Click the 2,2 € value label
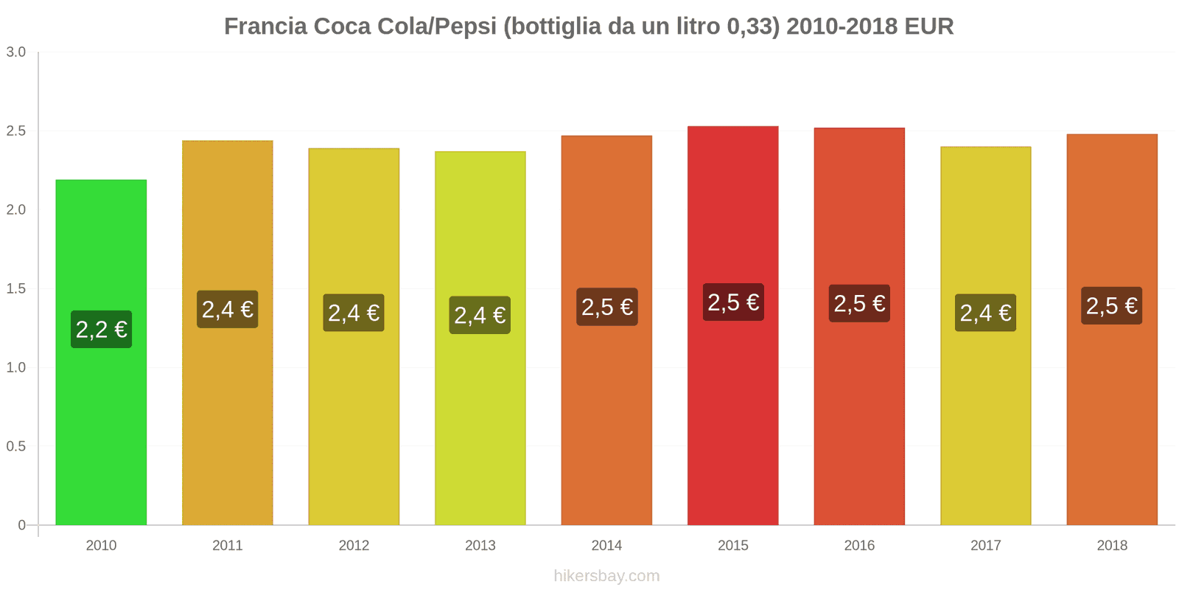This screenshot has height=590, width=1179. pyautogui.click(x=102, y=330)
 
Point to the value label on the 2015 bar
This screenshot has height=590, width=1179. pyautogui.click(x=733, y=302)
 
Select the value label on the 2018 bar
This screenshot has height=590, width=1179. pyautogui.click(x=1111, y=306)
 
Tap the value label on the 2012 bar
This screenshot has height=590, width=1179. pyautogui.click(x=354, y=313)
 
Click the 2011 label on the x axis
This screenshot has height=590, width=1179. pyautogui.click(x=227, y=546)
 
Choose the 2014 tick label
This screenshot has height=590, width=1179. pyautogui.click(x=606, y=546)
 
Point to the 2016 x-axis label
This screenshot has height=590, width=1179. pyautogui.click(x=859, y=546)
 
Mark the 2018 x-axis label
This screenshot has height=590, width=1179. pyautogui.click(x=1112, y=546)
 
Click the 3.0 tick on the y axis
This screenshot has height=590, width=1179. pyautogui.click(x=16, y=52)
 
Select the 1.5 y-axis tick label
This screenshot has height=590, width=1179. pyautogui.click(x=16, y=289)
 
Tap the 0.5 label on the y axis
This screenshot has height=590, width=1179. pyautogui.click(x=16, y=447)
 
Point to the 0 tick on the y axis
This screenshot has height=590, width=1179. pyautogui.click(x=22, y=525)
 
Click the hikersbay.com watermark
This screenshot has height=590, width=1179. pyautogui.click(x=606, y=576)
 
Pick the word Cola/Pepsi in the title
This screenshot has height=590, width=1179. pyautogui.click(x=437, y=27)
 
